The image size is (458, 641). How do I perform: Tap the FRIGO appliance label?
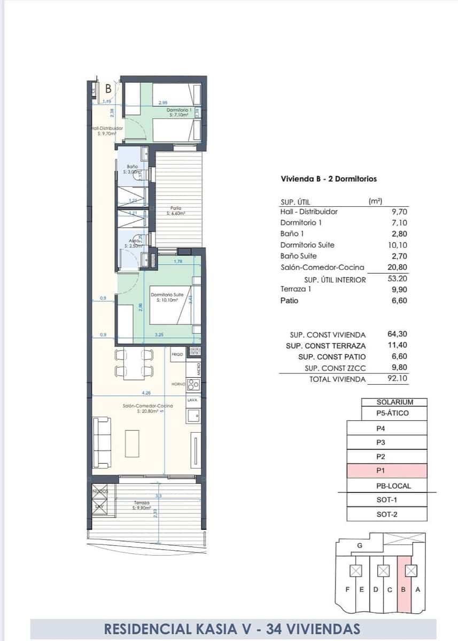click(x=177, y=354)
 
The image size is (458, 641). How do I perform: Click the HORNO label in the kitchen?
click(x=178, y=384)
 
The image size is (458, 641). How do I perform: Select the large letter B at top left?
click(x=108, y=89)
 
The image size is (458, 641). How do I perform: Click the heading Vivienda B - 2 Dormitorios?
click(x=329, y=179)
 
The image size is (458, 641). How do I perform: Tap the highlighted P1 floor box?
click(x=386, y=471)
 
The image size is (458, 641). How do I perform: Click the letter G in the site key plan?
click(x=359, y=545)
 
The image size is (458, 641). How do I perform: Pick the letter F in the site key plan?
click(x=348, y=589)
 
